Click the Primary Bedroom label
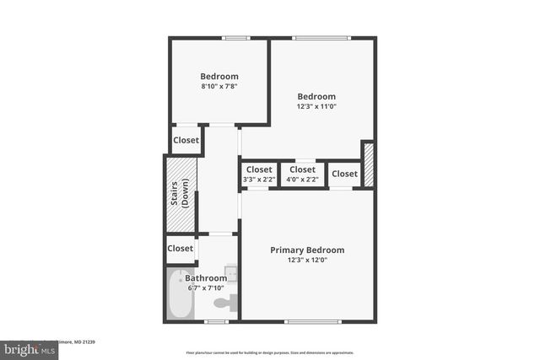(307, 250)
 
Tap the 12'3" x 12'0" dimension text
(307, 261)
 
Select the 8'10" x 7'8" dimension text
(219, 87)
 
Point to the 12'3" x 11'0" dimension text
(316, 107)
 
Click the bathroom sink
(230, 273)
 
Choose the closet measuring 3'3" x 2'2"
(259, 174)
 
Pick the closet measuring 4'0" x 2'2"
(303, 174)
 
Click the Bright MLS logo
(27, 349)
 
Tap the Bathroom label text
(207, 278)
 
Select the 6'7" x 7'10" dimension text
(207, 288)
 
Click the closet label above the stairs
(186, 141)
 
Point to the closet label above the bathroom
(180, 249)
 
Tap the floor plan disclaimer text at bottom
(269, 352)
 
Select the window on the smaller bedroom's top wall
(235, 37)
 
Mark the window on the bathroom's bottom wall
(217, 321)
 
